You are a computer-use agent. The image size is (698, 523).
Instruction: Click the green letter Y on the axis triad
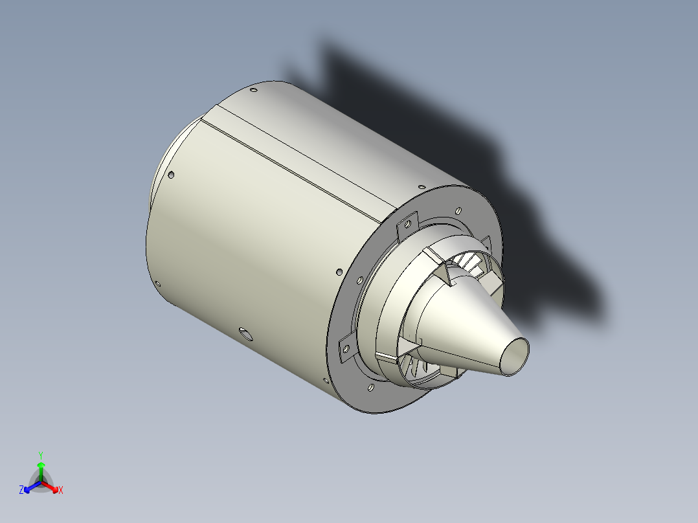41,454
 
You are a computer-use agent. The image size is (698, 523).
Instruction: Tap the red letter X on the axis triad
61,491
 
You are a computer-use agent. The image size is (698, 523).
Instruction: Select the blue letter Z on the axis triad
21,491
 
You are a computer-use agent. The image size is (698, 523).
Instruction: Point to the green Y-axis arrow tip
41,465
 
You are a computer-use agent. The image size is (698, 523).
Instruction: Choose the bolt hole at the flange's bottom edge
370,387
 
